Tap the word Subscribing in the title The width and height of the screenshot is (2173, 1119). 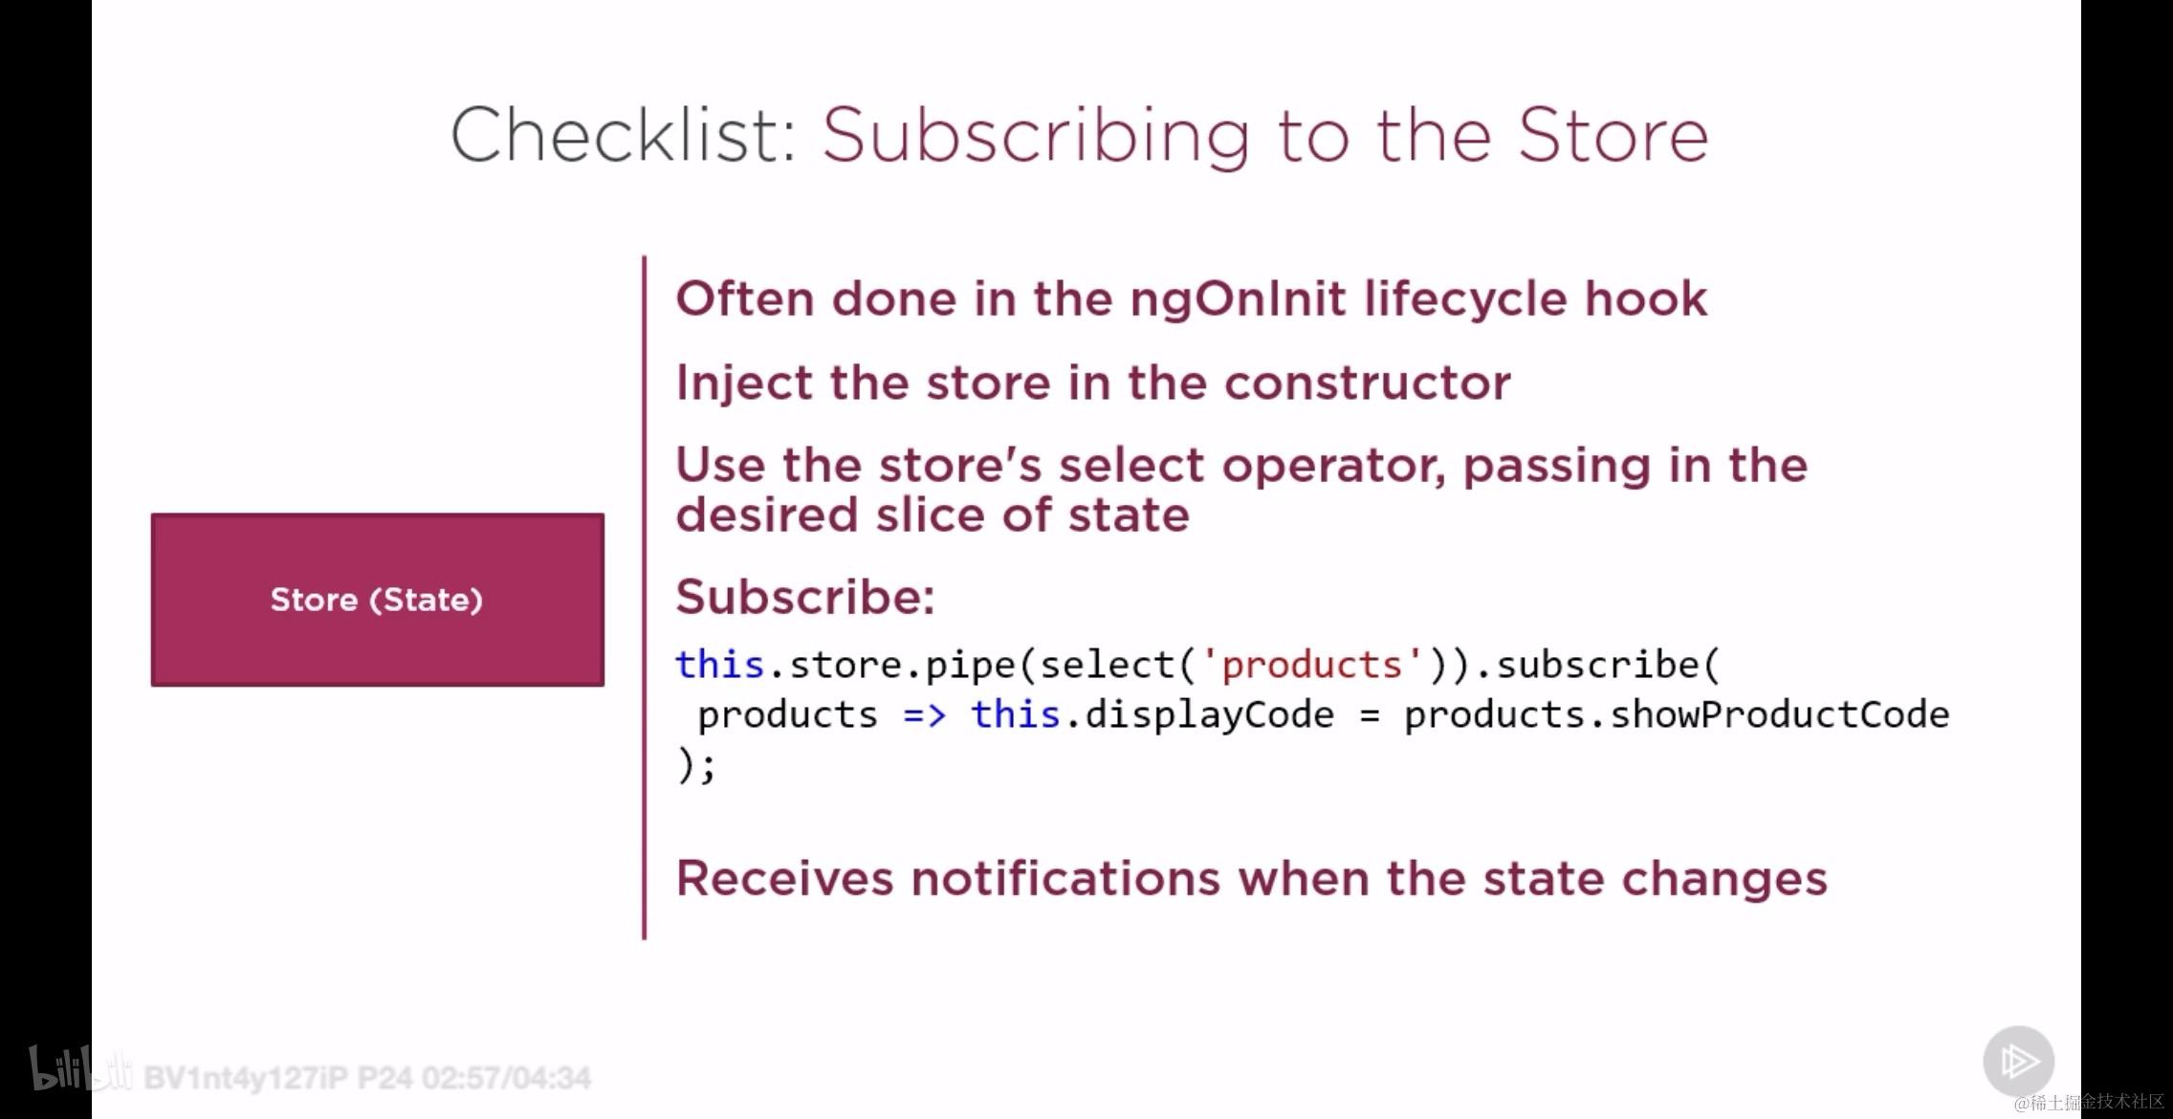click(x=1036, y=137)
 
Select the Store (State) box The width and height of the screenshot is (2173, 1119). click(x=377, y=600)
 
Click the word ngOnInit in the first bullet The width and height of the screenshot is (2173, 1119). click(x=1239, y=300)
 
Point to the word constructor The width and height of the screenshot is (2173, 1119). click(x=1368, y=383)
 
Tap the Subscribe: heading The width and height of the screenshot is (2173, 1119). click(x=805, y=598)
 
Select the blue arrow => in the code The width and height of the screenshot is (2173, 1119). click(x=925, y=715)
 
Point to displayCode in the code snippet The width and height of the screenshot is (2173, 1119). click(x=1209, y=715)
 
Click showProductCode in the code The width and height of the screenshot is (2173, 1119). click(x=1779, y=714)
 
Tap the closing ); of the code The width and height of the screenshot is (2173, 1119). click(x=696, y=765)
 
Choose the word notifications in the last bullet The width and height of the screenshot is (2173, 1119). click(x=1065, y=878)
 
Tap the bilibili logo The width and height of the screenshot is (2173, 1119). click(x=80, y=1068)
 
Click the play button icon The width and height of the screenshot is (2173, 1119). click(x=2018, y=1061)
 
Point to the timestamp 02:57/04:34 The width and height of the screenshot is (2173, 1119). click(x=506, y=1078)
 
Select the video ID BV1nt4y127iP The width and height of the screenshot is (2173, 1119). click(x=246, y=1078)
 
